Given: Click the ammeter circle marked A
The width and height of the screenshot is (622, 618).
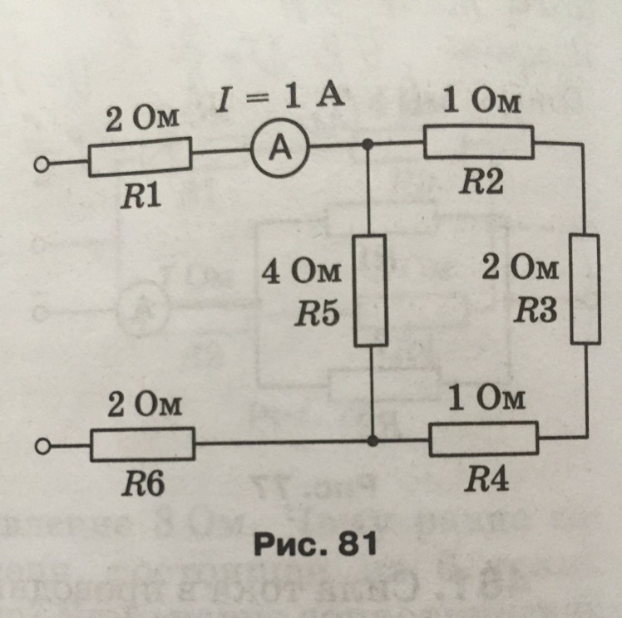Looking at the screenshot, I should (281, 150).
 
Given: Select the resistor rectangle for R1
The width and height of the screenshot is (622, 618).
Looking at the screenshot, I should (139, 157).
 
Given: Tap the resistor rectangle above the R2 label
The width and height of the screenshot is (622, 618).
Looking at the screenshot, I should (478, 142).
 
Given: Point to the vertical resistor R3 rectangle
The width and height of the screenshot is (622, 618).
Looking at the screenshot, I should (585, 288).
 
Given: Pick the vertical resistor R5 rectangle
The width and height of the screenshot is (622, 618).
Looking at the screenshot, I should (370, 290).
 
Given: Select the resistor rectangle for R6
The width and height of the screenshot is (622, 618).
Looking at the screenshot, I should (142, 444).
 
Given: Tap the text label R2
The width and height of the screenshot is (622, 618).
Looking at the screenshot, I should (482, 183).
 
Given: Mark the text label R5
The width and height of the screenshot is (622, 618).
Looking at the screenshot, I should (320, 316).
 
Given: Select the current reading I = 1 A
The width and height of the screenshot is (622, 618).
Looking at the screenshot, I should (279, 101).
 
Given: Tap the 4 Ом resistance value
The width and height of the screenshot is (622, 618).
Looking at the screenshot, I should (307, 274).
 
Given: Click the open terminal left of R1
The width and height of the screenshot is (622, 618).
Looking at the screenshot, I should (39, 166).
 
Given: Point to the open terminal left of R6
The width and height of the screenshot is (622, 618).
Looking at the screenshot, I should (39, 449).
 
